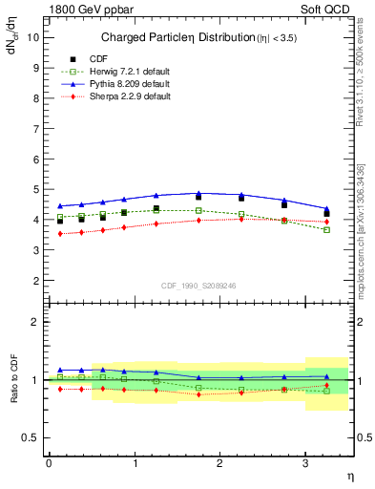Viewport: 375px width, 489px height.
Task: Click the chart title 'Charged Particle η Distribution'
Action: (181, 38)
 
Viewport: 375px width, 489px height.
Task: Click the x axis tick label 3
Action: (305, 463)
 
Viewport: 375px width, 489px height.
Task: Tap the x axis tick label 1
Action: (135, 463)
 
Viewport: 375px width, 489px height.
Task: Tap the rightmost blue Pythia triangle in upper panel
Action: (327, 209)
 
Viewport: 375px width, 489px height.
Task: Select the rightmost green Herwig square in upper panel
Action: (327, 229)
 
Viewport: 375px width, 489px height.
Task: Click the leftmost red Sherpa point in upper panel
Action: (60, 234)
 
